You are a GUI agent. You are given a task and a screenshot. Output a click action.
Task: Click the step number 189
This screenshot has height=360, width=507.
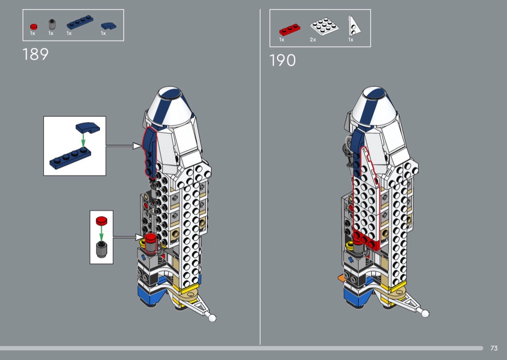(36, 55)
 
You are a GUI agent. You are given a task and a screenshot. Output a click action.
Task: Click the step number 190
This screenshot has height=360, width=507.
(282, 60)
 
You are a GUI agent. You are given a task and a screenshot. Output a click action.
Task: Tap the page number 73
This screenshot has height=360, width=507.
(494, 348)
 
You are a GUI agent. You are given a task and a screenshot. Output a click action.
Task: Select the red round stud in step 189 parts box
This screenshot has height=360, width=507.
(34, 27)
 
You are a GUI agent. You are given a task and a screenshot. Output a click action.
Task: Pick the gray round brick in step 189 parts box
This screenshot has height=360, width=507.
(52, 24)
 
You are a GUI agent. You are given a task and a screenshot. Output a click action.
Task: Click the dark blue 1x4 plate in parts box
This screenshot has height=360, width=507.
(80, 22)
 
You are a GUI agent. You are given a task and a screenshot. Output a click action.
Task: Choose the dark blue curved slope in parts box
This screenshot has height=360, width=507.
(109, 26)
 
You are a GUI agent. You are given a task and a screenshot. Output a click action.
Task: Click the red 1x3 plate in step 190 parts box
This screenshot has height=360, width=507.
(290, 29)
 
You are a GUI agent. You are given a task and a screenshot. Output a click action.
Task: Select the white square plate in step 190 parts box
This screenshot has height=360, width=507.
(324, 26)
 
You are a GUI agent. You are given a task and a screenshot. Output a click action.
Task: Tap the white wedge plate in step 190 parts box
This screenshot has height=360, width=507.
(354, 26)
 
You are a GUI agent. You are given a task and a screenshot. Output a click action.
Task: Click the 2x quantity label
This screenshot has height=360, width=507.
(313, 40)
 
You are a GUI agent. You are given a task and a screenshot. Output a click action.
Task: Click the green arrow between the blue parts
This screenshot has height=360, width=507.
(83, 140)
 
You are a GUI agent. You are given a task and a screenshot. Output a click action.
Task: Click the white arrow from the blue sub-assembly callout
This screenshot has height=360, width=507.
(124, 146)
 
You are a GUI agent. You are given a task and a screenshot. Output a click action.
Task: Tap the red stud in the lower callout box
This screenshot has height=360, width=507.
(101, 221)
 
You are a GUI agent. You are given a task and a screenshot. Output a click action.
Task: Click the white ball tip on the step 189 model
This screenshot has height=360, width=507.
(212, 318)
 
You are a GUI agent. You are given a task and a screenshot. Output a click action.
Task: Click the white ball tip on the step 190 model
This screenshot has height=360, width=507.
(425, 314)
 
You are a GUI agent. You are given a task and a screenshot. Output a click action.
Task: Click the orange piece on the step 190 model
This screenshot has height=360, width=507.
(340, 277)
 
